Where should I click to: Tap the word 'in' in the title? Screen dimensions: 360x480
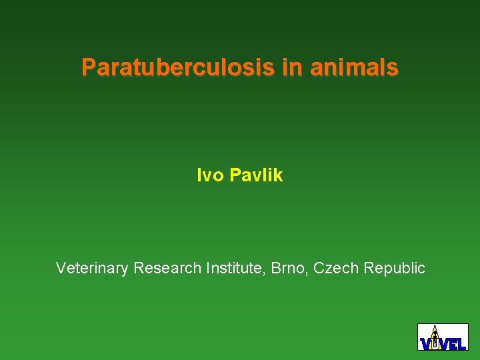[291, 67]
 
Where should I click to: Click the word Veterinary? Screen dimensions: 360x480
[92, 268]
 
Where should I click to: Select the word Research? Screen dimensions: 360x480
[167, 268]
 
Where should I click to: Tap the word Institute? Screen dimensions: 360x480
[236, 268]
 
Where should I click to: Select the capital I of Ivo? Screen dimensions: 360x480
[199, 175]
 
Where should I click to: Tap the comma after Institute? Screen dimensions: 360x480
[268, 273]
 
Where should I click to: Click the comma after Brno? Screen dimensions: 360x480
[309, 273]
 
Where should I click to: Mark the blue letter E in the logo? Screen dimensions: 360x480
[453, 344]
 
